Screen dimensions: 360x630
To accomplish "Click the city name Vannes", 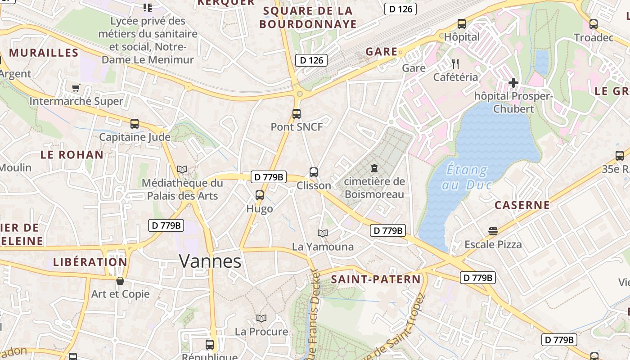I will pyautogui.click(x=210, y=261).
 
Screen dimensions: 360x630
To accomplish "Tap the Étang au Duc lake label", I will pyautogui.click(x=467, y=177).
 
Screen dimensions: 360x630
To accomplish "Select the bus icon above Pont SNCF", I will pyautogui.click(x=296, y=114).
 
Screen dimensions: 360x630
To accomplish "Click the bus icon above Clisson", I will pyautogui.click(x=314, y=172).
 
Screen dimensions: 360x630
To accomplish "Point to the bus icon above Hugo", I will pyautogui.click(x=260, y=195).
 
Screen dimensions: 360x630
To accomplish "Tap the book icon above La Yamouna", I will pyautogui.click(x=323, y=233).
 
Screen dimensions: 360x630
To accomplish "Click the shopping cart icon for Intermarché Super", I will pyautogui.click(x=76, y=88).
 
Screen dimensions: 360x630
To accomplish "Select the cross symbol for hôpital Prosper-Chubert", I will pyautogui.click(x=513, y=83).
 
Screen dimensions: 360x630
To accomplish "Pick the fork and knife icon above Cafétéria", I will pyautogui.click(x=455, y=63).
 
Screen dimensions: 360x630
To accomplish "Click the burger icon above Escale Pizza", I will pyautogui.click(x=493, y=231).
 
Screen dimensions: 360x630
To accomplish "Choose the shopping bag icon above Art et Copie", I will pyautogui.click(x=120, y=281).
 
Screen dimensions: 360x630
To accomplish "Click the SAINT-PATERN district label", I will pyautogui.click(x=376, y=279).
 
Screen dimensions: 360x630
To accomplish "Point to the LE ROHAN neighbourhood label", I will pyautogui.click(x=72, y=155).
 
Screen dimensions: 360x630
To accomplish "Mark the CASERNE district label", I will pyautogui.click(x=522, y=205).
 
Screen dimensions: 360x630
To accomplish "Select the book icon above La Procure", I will pyautogui.click(x=261, y=319).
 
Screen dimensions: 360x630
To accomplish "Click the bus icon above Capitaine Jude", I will pyautogui.click(x=134, y=124).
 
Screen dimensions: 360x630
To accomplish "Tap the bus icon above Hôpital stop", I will pyautogui.click(x=462, y=24).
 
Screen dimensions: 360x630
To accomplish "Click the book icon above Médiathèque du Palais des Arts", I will pyautogui.click(x=182, y=169).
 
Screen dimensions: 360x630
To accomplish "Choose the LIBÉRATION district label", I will pyautogui.click(x=90, y=262).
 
